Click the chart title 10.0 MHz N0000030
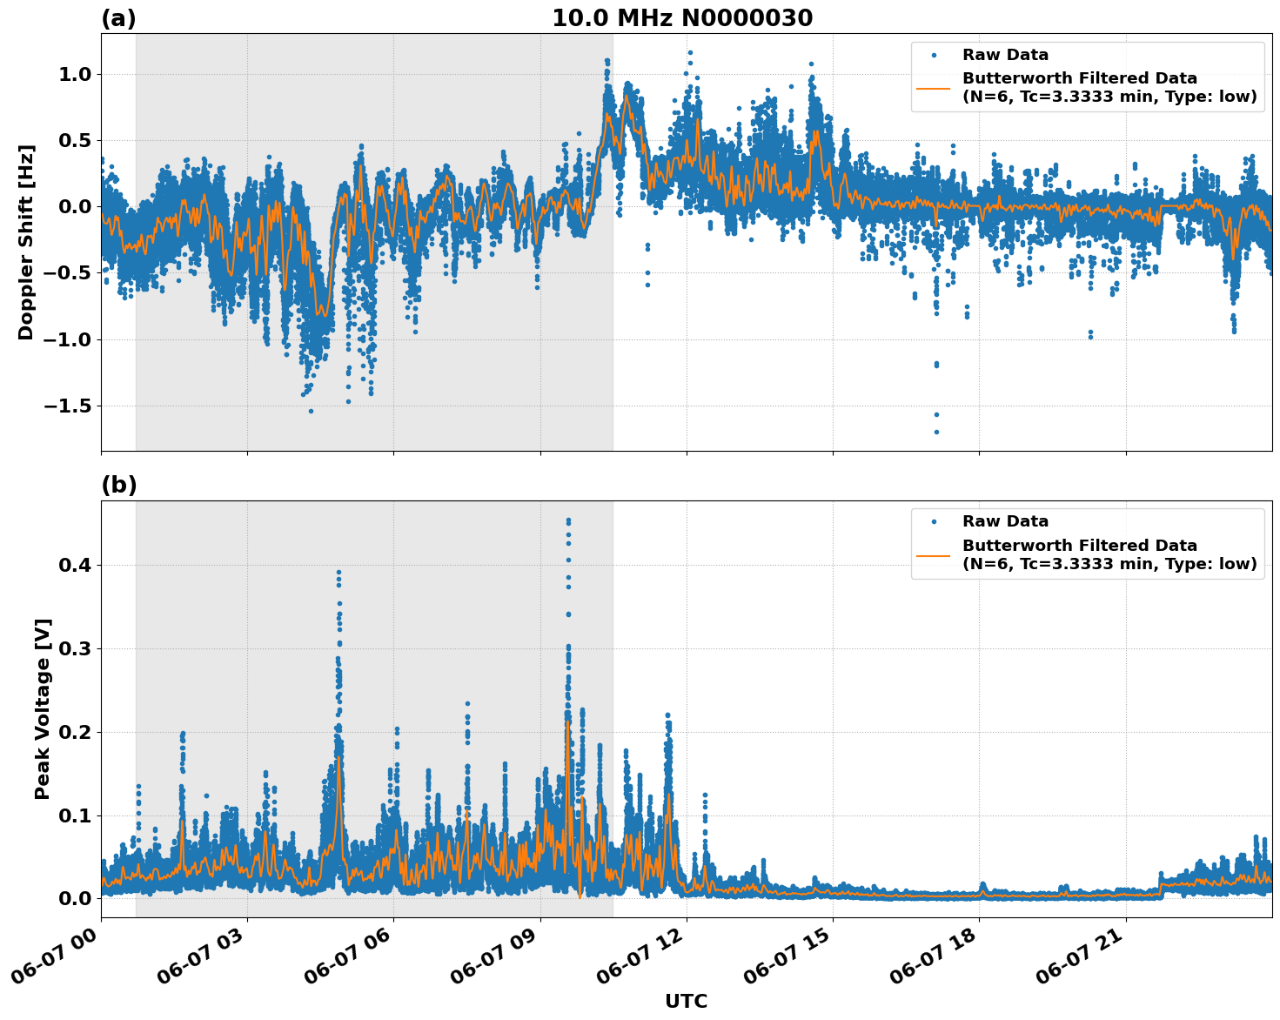tap(682, 18)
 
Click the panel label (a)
tap(118, 18)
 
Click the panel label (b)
tap(118, 485)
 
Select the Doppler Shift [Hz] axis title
tap(26, 242)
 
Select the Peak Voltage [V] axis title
tap(43, 708)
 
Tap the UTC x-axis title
tap(686, 1001)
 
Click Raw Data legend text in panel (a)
tap(1005, 55)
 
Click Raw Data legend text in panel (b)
tap(1005, 521)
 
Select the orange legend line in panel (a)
tap(933, 88)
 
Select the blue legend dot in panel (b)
tap(933, 521)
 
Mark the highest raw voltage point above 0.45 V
tap(568, 520)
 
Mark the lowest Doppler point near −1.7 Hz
tap(936, 432)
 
